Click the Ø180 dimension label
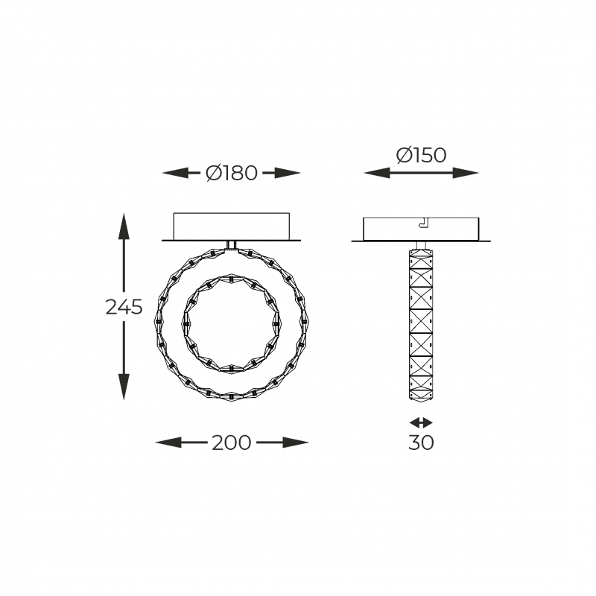(x=232, y=173)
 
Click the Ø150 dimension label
(x=421, y=155)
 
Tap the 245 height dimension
(x=124, y=307)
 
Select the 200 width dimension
(x=232, y=443)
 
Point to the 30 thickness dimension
(x=421, y=443)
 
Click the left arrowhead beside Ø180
(x=176, y=173)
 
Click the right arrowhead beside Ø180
(x=288, y=173)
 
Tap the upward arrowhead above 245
(x=124, y=226)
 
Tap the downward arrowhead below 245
(x=124, y=387)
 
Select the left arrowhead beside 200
(x=169, y=443)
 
